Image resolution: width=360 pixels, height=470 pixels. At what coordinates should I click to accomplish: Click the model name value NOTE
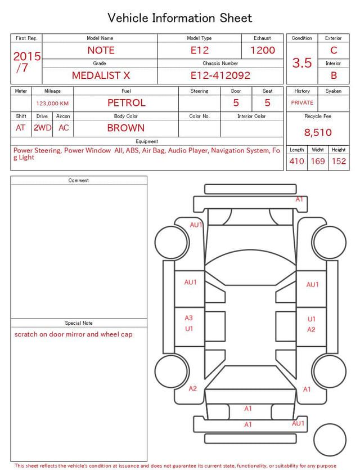[101, 50]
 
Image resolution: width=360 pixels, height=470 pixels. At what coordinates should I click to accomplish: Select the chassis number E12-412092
[220, 75]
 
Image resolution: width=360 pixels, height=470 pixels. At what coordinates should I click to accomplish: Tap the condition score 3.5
[302, 63]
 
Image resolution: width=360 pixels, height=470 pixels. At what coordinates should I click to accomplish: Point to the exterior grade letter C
[334, 50]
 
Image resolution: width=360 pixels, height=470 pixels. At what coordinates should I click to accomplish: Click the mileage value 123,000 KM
[52, 104]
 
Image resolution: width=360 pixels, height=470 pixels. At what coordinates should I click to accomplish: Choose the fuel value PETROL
[127, 103]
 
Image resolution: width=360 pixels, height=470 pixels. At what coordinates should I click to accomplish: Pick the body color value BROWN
[126, 128]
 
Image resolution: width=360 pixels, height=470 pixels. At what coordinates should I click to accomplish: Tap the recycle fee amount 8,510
[318, 132]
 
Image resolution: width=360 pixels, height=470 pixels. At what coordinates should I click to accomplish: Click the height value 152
[339, 161]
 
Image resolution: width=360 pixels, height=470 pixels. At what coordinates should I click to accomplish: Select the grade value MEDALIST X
[101, 75]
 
